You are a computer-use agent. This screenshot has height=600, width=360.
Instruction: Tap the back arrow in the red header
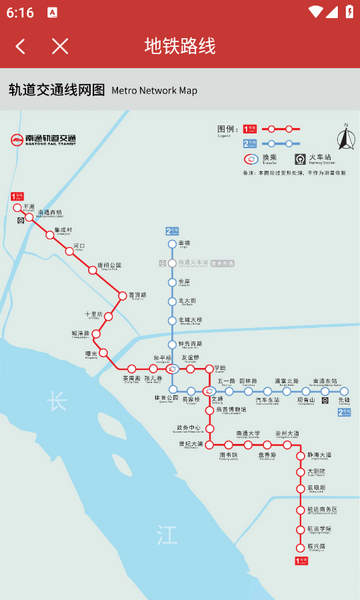point(21,46)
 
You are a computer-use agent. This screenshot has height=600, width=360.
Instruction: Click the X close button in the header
point(60,46)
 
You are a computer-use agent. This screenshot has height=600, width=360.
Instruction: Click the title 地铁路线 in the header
point(180,46)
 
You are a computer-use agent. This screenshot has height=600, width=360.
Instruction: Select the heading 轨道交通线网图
point(56,90)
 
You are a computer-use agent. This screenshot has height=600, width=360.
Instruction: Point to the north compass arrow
point(346,139)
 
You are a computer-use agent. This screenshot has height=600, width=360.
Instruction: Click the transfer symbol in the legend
point(250,158)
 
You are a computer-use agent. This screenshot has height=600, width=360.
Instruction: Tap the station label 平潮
point(28,206)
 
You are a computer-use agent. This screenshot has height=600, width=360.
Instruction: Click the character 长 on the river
point(56,401)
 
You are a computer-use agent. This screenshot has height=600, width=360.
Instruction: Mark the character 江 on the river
point(166,536)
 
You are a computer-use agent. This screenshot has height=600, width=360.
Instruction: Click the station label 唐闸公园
point(109,265)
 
